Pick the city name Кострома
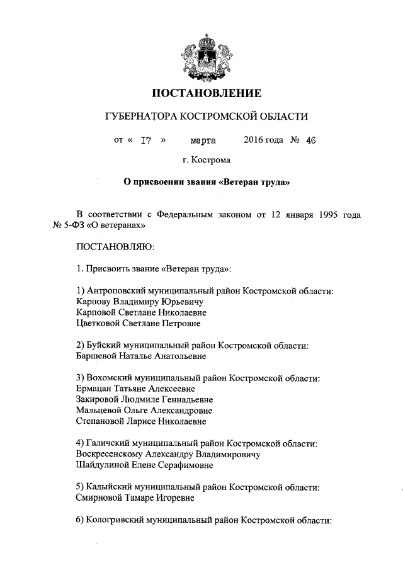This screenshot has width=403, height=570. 212,161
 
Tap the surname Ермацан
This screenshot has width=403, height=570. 94,389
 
